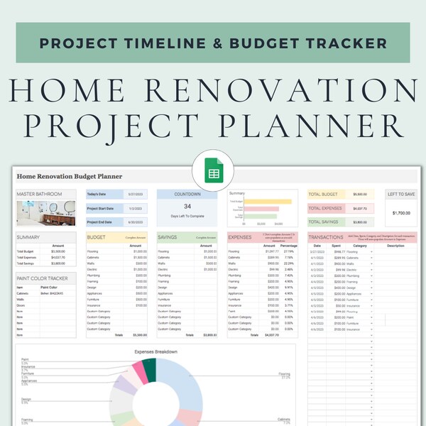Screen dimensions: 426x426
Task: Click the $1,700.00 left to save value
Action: pos(400,212)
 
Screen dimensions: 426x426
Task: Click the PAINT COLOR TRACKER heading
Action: pos(43,278)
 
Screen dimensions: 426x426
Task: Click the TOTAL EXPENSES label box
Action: pos(327,209)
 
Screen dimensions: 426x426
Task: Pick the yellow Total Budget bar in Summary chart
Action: pos(268,201)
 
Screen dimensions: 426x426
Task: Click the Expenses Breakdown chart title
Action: pos(155,351)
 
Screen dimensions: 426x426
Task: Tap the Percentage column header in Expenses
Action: pos(288,246)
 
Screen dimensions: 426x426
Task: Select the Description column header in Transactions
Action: pos(395,246)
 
